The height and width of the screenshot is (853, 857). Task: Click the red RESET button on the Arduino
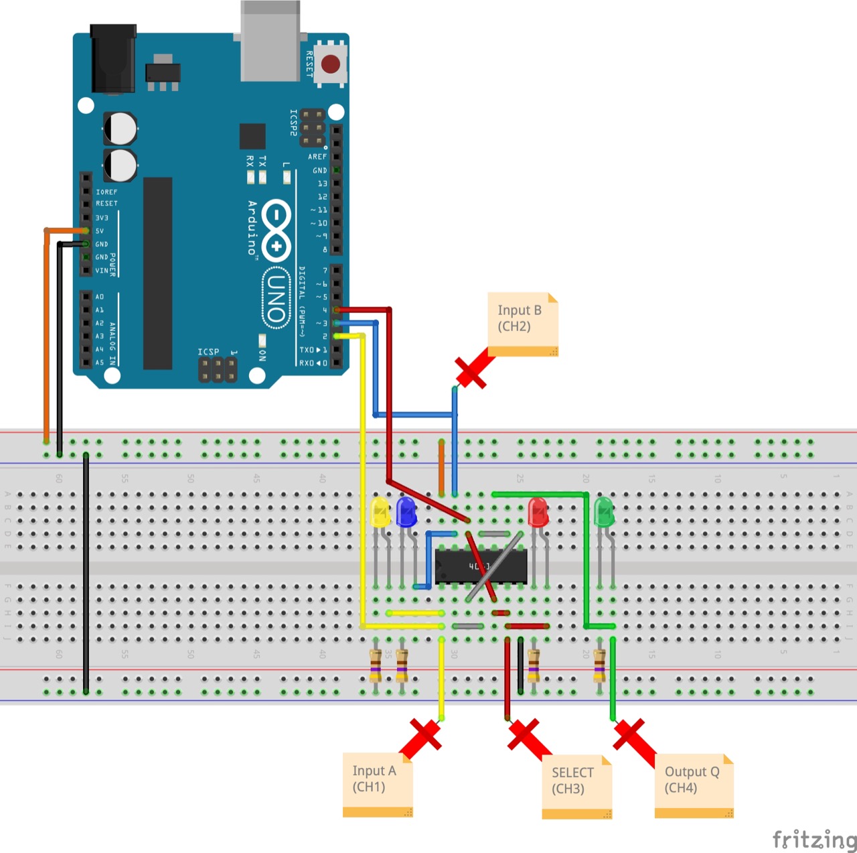click(x=331, y=64)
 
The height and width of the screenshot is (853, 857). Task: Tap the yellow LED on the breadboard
click(x=380, y=512)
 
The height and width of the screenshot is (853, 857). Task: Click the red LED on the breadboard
click(x=538, y=512)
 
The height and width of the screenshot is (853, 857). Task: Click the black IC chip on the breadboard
click(x=481, y=567)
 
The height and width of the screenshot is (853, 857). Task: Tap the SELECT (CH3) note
click(x=576, y=786)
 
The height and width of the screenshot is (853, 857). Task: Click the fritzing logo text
click(x=813, y=839)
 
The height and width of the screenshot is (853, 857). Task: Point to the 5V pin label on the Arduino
click(x=100, y=231)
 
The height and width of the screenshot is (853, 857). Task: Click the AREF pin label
click(x=317, y=157)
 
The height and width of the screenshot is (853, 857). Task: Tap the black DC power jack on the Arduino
click(x=113, y=59)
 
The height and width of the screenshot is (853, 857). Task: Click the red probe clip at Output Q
click(x=632, y=738)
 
